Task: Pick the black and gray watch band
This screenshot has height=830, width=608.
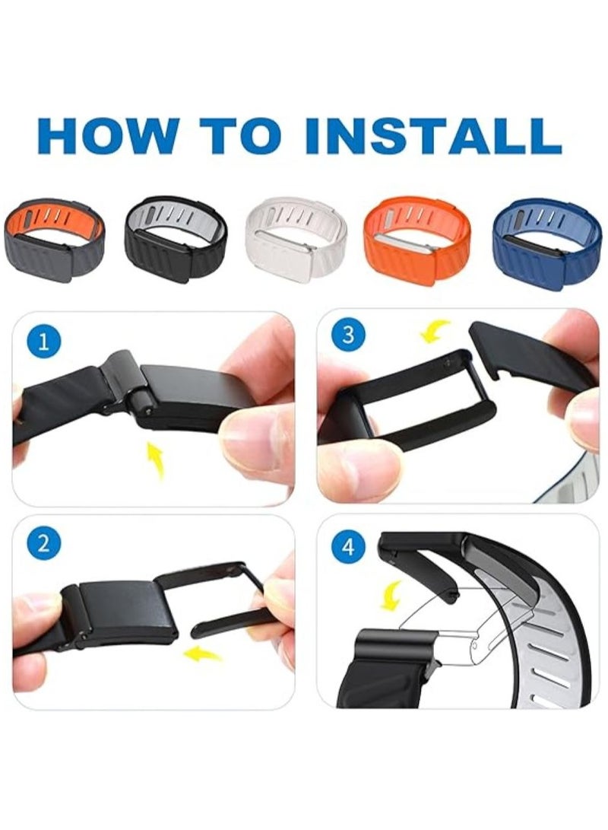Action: (x=173, y=237)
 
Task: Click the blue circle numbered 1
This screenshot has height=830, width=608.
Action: (x=44, y=341)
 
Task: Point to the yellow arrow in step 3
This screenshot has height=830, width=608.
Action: (x=435, y=331)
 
